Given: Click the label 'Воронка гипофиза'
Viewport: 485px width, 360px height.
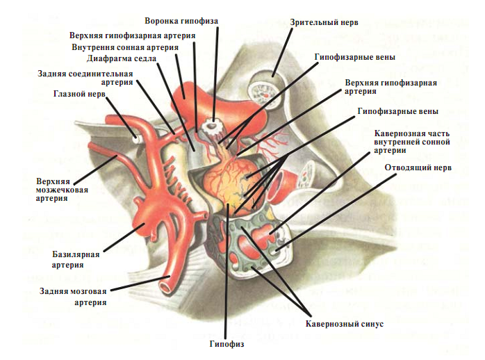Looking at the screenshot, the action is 181,21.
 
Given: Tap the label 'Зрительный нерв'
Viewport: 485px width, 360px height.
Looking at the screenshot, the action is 324,22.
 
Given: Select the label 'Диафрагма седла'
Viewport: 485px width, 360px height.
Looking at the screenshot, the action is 121,58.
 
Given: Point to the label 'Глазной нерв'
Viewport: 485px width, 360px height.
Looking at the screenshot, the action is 79,94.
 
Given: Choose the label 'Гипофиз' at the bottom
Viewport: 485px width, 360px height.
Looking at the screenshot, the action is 227,344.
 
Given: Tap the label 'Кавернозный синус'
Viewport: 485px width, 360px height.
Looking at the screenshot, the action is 345,324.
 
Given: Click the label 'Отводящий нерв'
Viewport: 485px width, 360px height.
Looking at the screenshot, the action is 418,167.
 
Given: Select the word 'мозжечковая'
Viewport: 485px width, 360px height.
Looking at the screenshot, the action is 62,190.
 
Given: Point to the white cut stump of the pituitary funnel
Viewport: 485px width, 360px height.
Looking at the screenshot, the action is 211,126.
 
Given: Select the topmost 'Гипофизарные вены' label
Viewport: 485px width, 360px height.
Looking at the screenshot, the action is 355,57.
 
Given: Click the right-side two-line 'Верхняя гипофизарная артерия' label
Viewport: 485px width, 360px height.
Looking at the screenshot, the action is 391,87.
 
